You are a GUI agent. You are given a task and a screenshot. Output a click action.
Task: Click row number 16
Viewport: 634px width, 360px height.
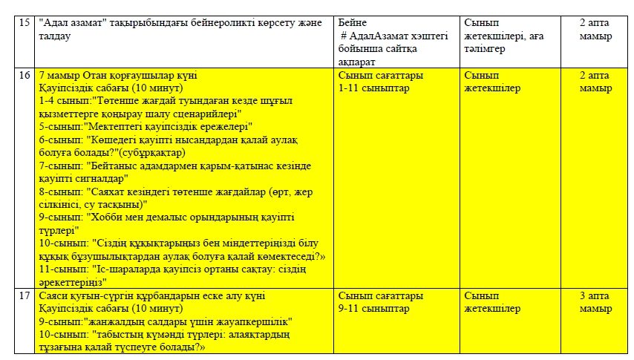coord(24,76)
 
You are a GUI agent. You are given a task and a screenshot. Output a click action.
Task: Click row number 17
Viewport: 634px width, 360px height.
coord(24,295)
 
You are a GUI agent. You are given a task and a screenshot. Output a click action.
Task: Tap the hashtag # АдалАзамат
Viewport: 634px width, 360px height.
coord(378,36)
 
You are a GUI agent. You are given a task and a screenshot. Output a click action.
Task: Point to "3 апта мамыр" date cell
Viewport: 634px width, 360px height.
coord(596,302)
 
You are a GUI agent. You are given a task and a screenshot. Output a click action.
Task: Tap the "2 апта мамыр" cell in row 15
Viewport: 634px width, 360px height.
coord(596,30)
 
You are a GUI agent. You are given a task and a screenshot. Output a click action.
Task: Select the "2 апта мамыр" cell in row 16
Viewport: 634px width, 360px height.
coord(596,82)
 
